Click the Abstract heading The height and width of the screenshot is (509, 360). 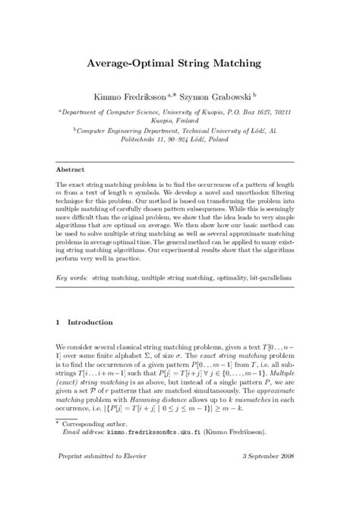click(70, 169)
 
